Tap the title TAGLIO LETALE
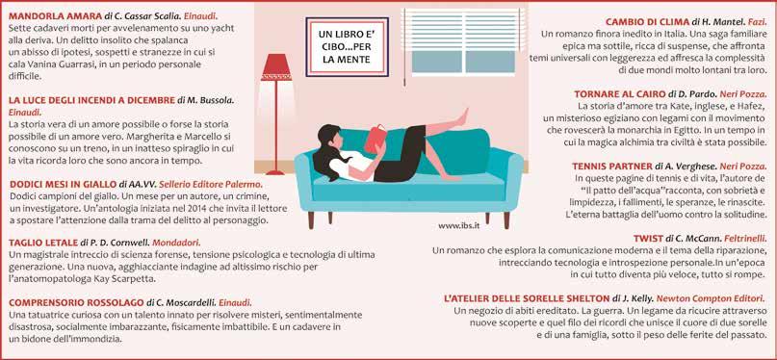pyautogui.click(x=43, y=243)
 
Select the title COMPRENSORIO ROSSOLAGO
pyautogui.click(x=76, y=302)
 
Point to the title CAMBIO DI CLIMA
pyautogui.click(x=647, y=22)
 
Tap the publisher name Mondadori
pyautogui.click(x=176, y=243)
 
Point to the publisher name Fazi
pyautogui.click(x=757, y=22)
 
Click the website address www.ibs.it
pyautogui.click(x=462, y=225)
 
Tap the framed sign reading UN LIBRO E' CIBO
pyautogui.click(x=347, y=47)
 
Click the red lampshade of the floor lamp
pyautogui.click(x=276, y=66)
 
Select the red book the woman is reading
pyautogui.click(x=376, y=139)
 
